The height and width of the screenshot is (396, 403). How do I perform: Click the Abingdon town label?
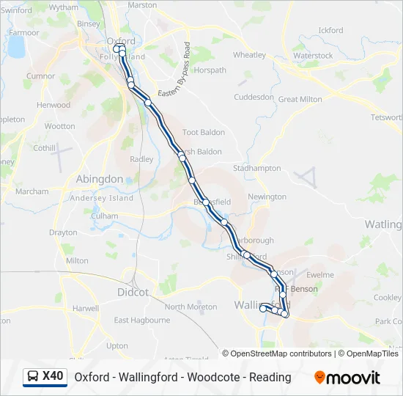100,179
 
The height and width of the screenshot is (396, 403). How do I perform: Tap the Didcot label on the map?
133,292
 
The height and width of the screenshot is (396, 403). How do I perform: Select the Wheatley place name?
249,55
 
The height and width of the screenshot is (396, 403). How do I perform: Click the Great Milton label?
300,99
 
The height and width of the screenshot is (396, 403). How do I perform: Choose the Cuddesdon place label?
254,97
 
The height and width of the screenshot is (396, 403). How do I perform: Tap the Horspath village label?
210,70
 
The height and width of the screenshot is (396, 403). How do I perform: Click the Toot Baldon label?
203,133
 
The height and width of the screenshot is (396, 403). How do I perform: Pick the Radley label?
141,159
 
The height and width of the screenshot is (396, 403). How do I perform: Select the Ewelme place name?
320,275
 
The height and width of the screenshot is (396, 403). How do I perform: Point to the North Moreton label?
191,307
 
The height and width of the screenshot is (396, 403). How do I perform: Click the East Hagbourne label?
141,320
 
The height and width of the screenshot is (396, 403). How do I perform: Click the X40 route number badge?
53,376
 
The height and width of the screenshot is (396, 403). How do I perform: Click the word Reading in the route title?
270,377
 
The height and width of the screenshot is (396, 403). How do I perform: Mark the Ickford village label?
331,30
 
